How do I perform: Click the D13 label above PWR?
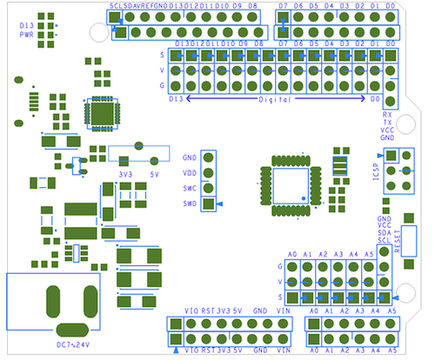point(26,27)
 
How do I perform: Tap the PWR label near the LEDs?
point(26,37)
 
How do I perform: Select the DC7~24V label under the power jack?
point(74,345)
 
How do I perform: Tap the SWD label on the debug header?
point(190,204)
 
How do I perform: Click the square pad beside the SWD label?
point(208,204)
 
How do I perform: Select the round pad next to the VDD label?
point(208,173)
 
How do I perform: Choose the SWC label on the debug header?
point(190,189)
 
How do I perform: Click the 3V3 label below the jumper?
point(125,173)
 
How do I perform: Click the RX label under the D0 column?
point(386,114)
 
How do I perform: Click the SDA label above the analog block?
point(385,232)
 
